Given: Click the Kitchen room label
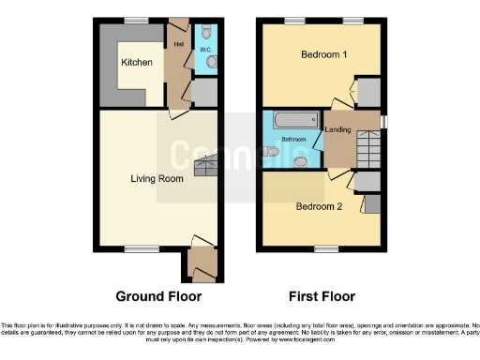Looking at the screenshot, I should [x=136, y=63].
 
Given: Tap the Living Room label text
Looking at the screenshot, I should [x=156, y=178].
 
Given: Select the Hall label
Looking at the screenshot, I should [x=177, y=43].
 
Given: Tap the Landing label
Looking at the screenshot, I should [x=337, y=129].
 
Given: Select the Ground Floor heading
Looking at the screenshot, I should [x=158, y=297].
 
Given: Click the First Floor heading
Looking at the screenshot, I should [x=322, y=297].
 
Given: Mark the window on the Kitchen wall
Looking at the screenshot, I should [x=138, y=20].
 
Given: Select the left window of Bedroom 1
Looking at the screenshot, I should [x=294, y=20].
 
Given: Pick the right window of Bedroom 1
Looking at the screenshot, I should [x=352, y=20].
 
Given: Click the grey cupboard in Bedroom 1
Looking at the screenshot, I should [x=368, y=92].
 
